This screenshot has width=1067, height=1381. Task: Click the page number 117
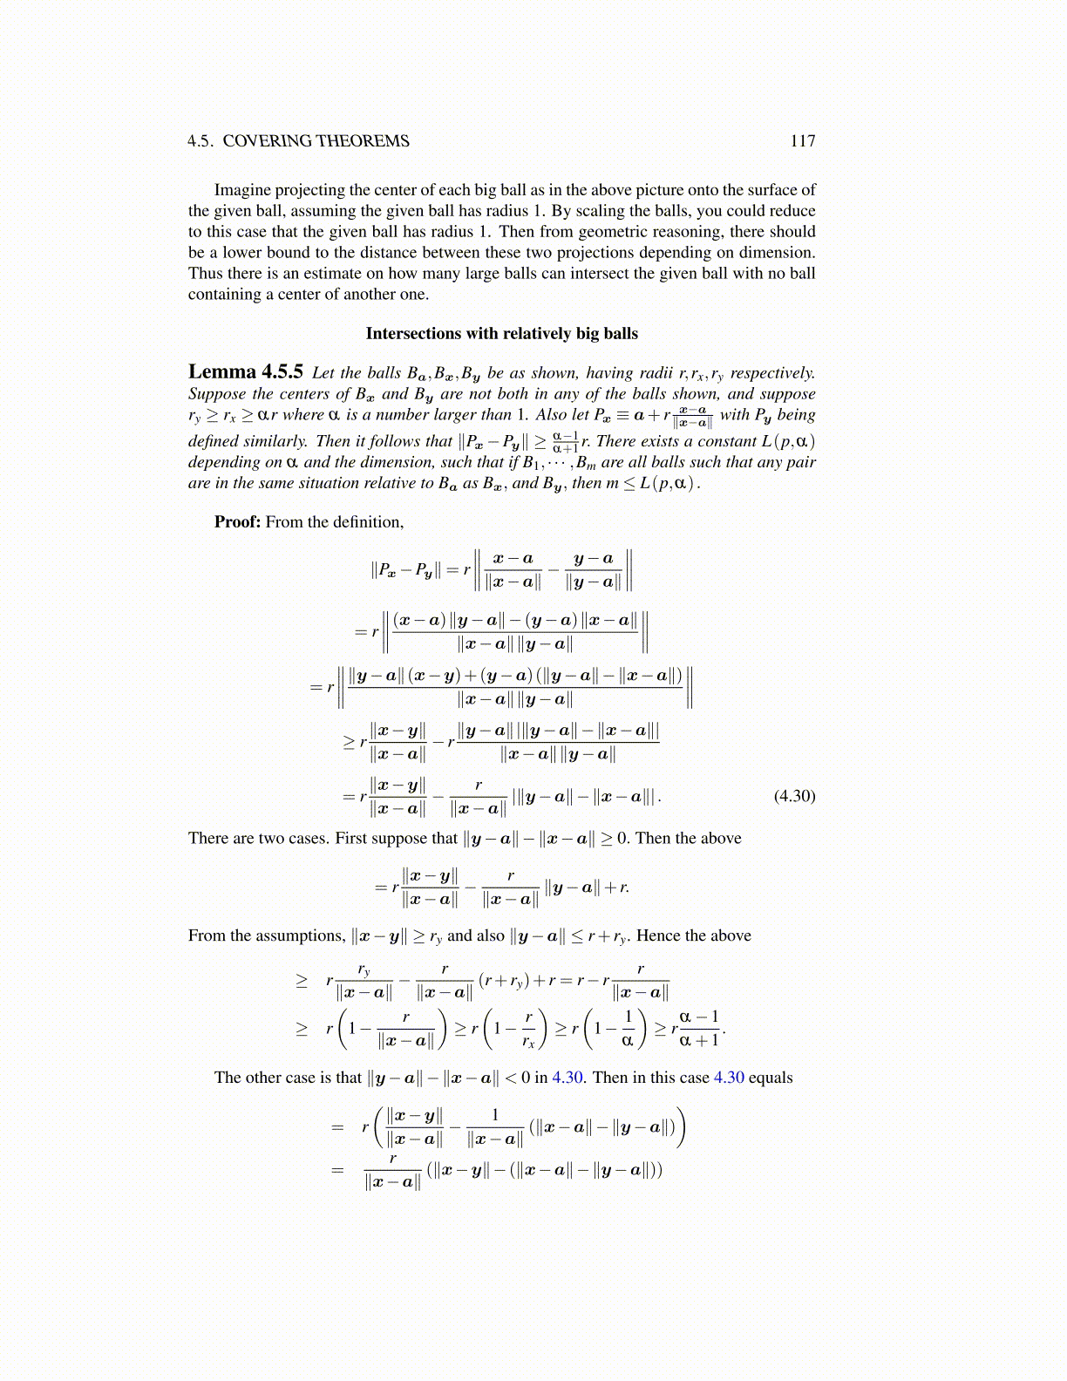[x=802, y=141]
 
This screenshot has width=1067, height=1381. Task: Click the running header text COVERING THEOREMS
[x=316, y=141]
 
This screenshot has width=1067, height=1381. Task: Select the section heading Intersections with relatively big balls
[x=501, y=334]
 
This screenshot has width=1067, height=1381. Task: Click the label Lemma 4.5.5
[x=246, y=372]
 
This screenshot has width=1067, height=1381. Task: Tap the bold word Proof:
[x=237, y=522]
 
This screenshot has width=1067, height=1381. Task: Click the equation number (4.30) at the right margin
[x=794, y=796]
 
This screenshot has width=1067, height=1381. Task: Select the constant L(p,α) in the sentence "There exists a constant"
[x=788, y=441]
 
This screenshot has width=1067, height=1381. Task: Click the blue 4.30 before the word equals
[x=729, y=1078]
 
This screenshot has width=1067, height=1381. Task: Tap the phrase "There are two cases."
[x=260, y=839]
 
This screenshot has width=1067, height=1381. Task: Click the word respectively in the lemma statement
[x=772, y=373]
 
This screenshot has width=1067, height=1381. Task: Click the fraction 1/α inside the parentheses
[x=627, y=1028]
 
